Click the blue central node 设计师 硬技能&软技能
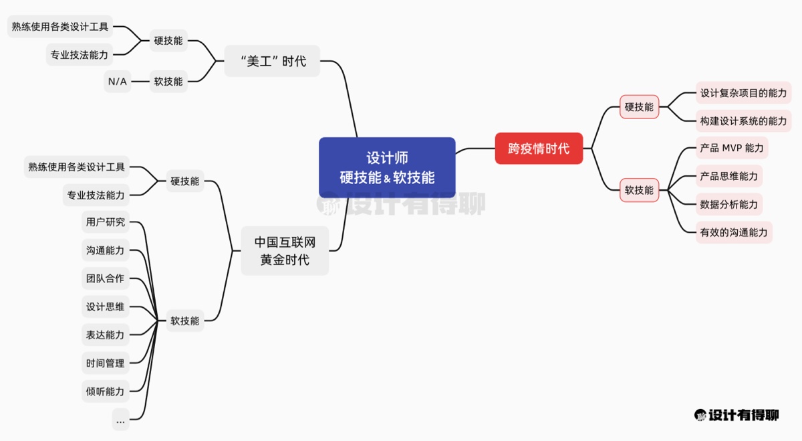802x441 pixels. pos(387,167)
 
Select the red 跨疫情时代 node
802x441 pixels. pos(539,148)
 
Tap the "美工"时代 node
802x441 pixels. pos(272,61)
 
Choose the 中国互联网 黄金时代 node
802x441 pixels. pos(285,251)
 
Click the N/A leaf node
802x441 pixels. pos(117,82)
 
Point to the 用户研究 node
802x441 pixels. pos(105,222)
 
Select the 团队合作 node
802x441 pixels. pos(105,278)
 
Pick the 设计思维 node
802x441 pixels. pos(105,307)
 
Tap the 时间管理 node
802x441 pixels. pos(105,363)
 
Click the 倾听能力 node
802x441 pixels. pos(105,391)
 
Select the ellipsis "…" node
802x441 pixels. pos(120,420)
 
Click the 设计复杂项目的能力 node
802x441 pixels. pos(743,93)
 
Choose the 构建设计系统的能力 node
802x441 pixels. pos(743,121)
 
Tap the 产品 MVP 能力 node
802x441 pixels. pos(731,148)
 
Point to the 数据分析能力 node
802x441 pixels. pos(728,204)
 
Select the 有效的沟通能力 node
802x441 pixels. pos(734,232)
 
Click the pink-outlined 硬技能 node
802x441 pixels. pos(639,107)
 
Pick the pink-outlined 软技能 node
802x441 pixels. pos(639,190)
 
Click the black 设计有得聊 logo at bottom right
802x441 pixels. pos(736,416)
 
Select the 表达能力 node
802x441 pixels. pos(105,335)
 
